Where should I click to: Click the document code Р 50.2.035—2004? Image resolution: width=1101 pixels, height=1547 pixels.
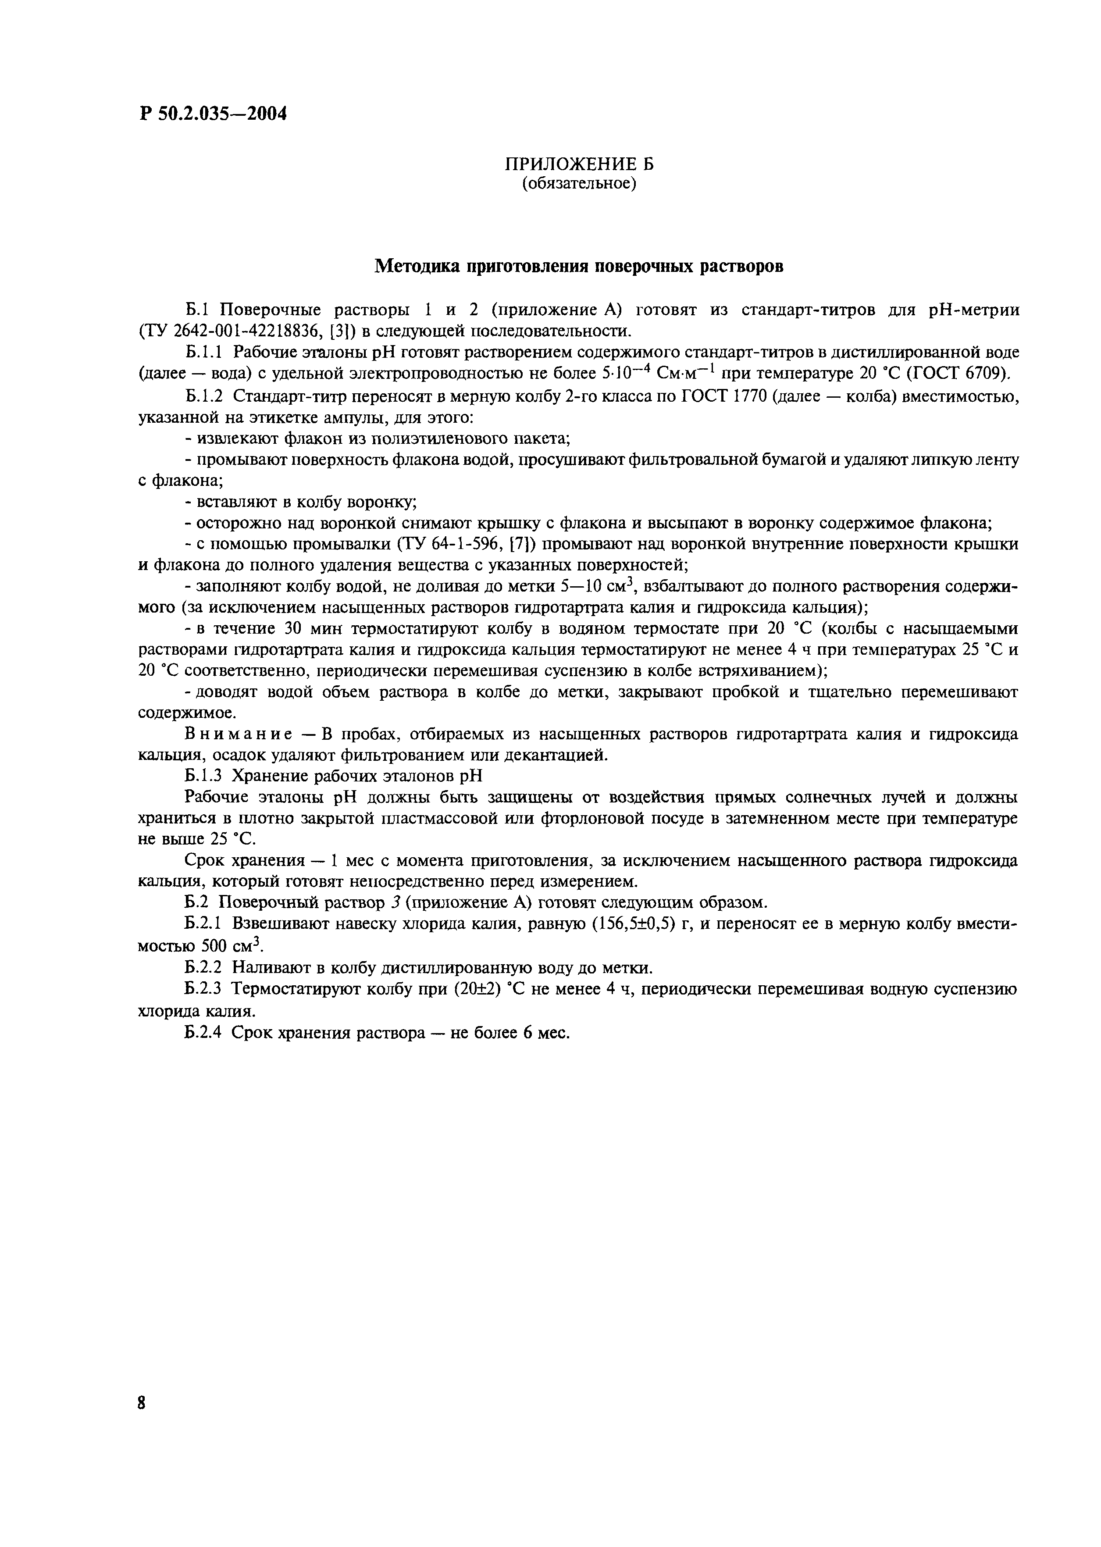[213, 113]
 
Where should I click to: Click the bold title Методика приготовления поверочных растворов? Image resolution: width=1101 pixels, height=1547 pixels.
[579, 267]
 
